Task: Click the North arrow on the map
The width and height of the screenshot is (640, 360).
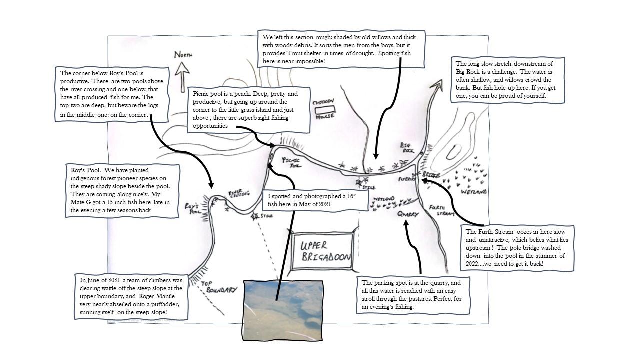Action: [182, 67]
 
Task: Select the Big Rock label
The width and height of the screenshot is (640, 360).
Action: [408, 147]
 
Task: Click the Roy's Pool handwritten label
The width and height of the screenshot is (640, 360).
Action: [192, 208]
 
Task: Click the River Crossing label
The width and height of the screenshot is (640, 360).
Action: [237, 193]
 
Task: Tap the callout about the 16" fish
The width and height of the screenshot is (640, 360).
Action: [316, 200]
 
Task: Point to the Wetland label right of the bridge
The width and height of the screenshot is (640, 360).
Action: [473, 191]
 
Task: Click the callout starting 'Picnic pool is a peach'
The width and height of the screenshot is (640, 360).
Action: [249, 110]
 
